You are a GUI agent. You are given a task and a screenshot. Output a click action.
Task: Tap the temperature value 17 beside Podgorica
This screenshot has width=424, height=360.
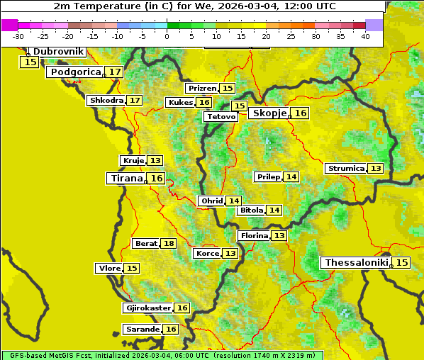(114, 72)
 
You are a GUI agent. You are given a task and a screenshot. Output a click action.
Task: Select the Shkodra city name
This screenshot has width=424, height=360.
(106, 101)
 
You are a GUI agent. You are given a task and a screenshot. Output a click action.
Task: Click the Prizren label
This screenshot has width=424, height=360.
(202, 89)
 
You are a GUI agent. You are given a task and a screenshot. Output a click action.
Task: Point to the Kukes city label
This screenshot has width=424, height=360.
(179, 103)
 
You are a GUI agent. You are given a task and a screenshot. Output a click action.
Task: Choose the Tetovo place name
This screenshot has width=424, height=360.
(221, 116)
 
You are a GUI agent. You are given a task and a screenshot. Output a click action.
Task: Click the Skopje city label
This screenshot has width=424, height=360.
(269, 113)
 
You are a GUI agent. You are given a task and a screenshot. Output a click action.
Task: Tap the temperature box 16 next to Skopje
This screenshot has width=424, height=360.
(301, 113)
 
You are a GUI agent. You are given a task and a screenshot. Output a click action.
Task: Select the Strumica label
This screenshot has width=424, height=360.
(345, 169)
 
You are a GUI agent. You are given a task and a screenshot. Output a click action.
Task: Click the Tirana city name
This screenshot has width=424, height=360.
(125, 179)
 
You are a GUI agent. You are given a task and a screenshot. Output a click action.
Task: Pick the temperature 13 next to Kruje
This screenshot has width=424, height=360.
(155, 161)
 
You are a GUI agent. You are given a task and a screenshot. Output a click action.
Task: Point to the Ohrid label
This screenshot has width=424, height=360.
(211, 201)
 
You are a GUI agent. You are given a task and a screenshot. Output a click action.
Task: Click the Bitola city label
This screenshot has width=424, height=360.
(251, 210)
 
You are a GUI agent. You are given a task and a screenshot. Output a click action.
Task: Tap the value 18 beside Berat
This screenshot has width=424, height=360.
(168, 244)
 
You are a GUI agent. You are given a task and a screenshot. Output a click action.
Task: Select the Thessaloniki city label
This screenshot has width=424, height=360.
(356, 263)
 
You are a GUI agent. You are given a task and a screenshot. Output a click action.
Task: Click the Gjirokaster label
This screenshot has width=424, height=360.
(147, 308)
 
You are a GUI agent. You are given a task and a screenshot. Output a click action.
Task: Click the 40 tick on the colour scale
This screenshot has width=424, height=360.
(365, 36)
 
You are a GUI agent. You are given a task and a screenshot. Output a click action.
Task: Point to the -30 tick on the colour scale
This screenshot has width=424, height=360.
(18, 36)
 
